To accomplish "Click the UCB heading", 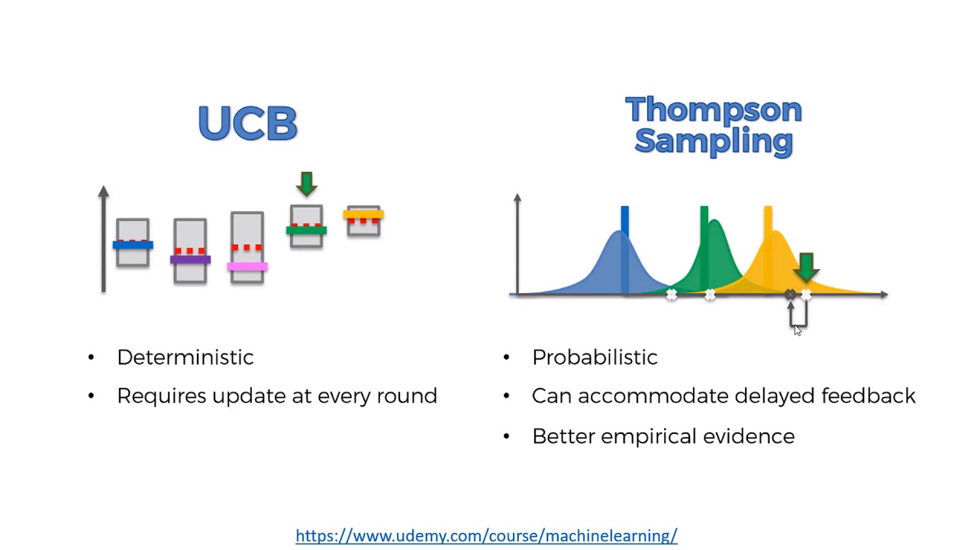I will coord(247,123).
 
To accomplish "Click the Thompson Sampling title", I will coord(713,125).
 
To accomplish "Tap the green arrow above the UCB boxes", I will coord(307,183).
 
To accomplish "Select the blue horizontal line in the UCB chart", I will coord(133,245).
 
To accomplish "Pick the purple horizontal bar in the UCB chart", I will coord(190,260).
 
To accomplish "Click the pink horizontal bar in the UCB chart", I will coord(247,267).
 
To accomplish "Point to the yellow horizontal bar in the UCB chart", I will coord(363,214).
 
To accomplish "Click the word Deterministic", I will coord(185,357).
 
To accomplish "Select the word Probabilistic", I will coord(594,357).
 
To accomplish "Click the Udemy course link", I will coord(486,535).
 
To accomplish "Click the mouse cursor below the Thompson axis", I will coord(797,329).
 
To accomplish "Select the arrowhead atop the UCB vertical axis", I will coord(104,192).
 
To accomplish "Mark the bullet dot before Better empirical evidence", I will coord(506,436).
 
